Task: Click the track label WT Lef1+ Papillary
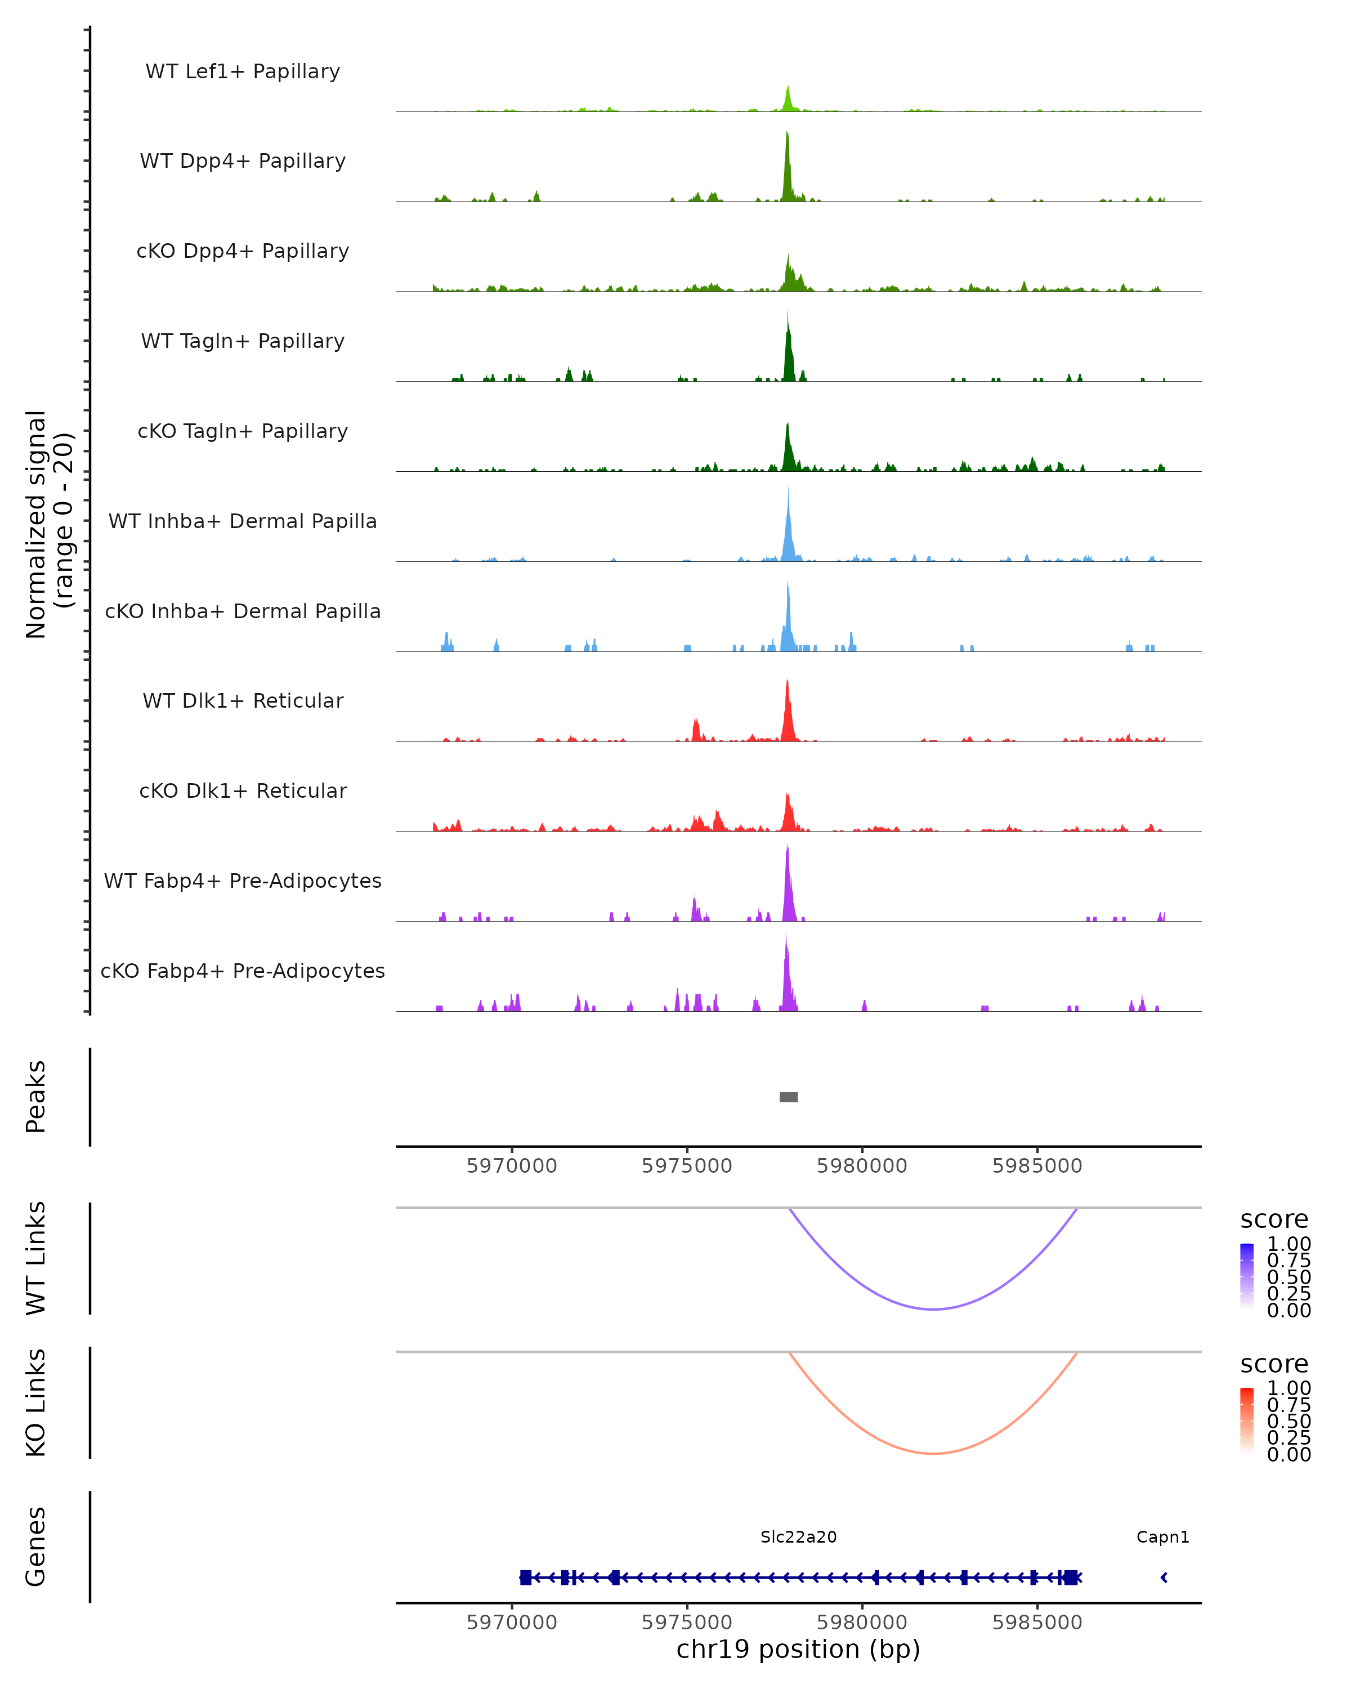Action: [243, 72]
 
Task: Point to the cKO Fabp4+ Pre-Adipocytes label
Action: [243, 971]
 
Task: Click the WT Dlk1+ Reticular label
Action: [243, 700]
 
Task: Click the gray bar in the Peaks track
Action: [789, 1097]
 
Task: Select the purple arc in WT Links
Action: [933, 1309]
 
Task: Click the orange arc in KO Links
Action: [933, 1453]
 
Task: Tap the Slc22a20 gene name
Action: [798, 1537]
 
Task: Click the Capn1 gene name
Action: [1162, 1537]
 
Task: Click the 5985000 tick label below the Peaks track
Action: [1037, 1166]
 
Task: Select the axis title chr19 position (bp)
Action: [798, 1650]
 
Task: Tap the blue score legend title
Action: [1273, 1220]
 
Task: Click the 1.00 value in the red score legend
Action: [1289, 1388]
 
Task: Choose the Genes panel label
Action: [35, 1547]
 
